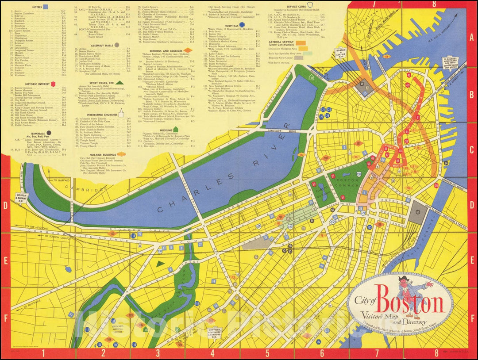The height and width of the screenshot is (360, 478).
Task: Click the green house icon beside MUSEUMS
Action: [176, 129]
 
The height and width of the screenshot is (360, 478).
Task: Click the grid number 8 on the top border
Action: [434, 4]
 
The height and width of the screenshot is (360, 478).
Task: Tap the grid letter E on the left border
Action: [5, 261]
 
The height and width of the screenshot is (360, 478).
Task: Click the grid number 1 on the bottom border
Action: [43, 353]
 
